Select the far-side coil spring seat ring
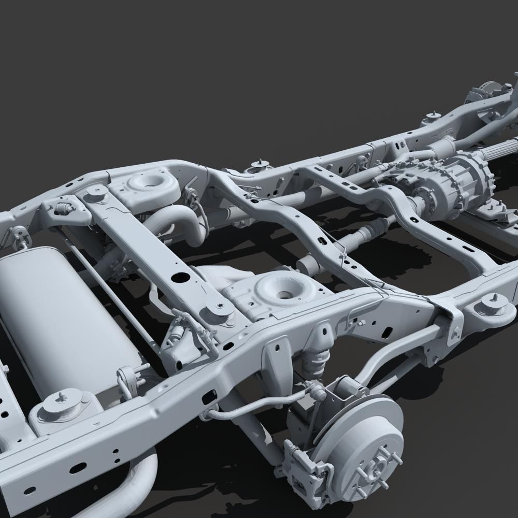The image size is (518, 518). click(150, 184)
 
